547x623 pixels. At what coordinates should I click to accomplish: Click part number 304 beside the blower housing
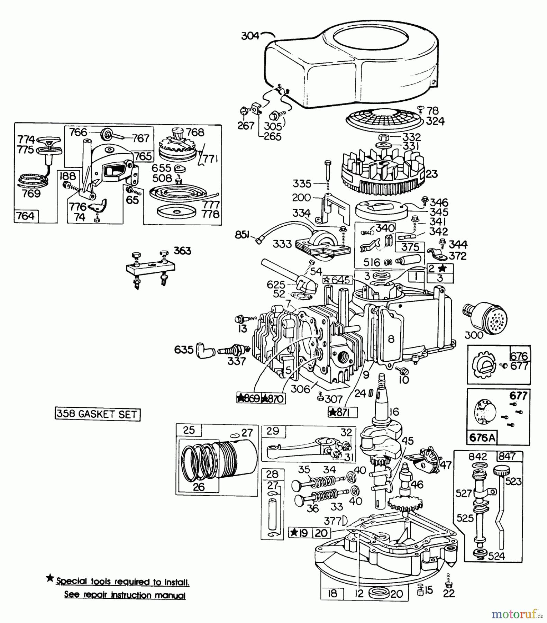tap(250, 36)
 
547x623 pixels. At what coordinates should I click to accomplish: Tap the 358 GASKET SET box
tap(97, 414)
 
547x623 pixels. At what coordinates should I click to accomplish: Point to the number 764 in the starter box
tap(26, 216)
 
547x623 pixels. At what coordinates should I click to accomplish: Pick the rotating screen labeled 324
tap(381, 119)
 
